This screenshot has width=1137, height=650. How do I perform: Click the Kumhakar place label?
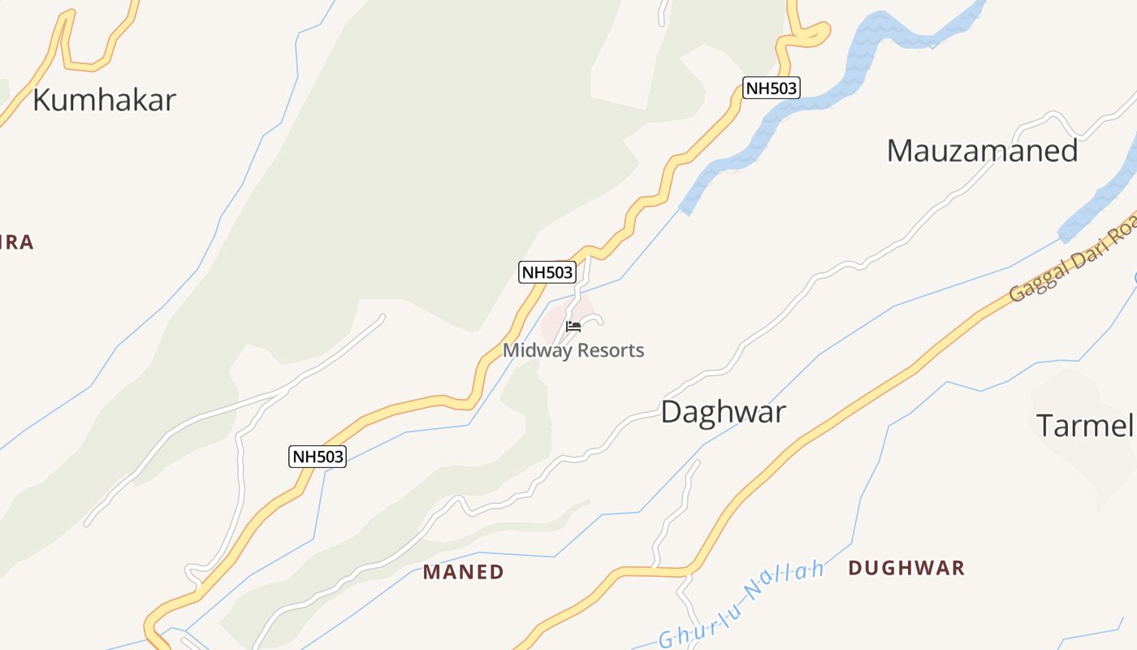pyautogui.click(x=104, y=100)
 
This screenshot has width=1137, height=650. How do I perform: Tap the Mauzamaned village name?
pyautogui.click(x=982, y=151)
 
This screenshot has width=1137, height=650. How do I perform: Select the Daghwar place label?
pyautogui.click(x=723, y=412)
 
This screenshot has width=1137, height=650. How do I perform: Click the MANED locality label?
pyautogui.click(x=463, y=572)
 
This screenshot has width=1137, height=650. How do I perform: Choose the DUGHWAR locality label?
pyautogui.click(x=906, y=568)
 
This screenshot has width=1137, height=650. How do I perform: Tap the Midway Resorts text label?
pyautogui.click(x=573, y=351)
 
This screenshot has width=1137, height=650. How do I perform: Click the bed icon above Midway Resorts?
pyautogui.click(x=573, y=327)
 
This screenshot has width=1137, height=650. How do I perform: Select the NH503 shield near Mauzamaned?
pyautogui.click(x=772, y=88)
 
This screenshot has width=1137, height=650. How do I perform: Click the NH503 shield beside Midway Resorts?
pyautogui.click(x=547, y=272)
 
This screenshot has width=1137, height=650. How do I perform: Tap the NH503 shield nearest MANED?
pyautogui.click(x=318, y=457)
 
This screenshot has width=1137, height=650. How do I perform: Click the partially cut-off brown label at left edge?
pyautogui.click(x=16, y=242)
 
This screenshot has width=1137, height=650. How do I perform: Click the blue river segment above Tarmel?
pyautogui.click(x=1096, y=203)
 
